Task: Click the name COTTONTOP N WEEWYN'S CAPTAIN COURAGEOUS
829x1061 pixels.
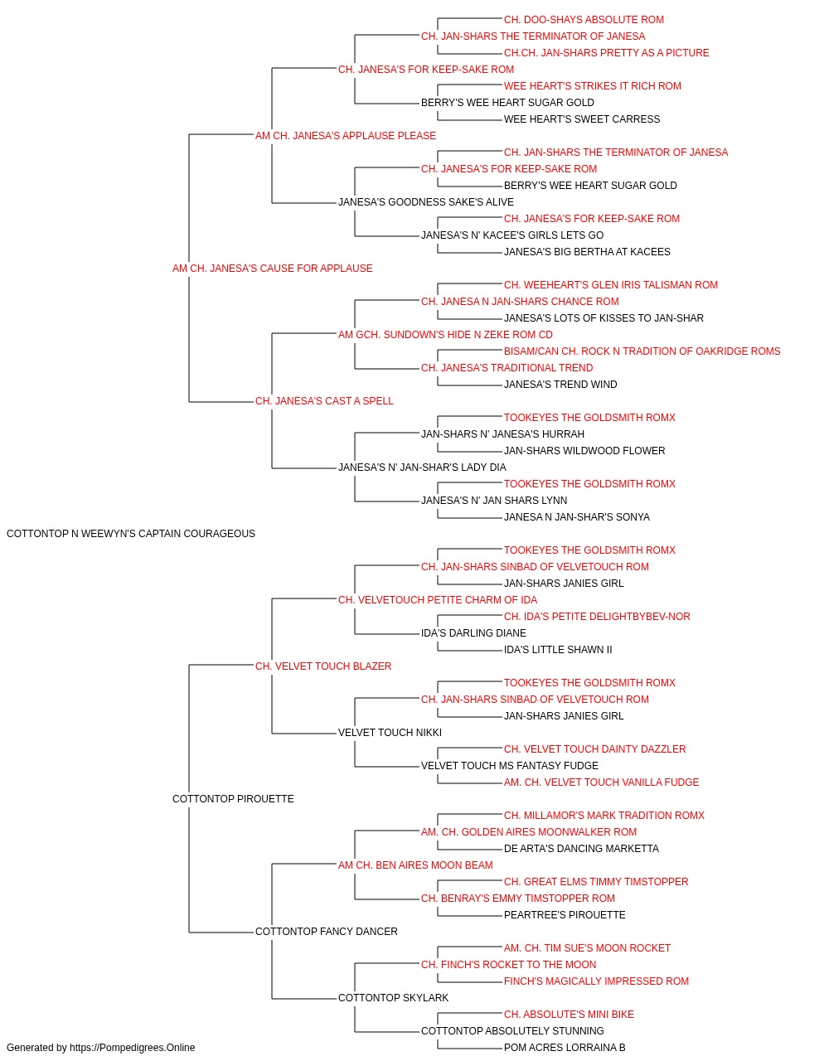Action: pyautogui.click(x=131, y=534)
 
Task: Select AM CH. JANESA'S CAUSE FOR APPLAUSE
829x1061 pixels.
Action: pyautogui.click(x=273, y=269)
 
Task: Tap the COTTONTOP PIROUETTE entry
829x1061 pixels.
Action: pyautogui.click(x=233, y=799)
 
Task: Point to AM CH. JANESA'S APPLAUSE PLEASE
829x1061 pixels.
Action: pyautogui.click(x=346, y=136)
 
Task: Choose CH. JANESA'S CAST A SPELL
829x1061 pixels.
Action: pyautogui.click(x=324, y=401)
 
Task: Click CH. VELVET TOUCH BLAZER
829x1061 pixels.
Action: pyautogui.click(x=323, y=666)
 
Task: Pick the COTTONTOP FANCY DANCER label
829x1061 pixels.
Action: pyautogui.click(x=326, y=932)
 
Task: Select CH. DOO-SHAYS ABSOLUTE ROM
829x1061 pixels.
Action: pyautogui.click(x=584, y=20)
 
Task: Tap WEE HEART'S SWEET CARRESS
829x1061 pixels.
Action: pyautogui.click(x=582, y=119)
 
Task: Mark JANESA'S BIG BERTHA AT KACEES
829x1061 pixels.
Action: pyautogui.click(x=587, y=252)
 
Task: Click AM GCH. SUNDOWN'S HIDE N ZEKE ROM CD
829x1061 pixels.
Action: pyautogui.click(x=445, y=335)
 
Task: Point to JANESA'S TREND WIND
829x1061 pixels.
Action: pyautogui.click(x=560, y=385)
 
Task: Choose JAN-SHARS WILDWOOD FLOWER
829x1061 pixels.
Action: pyautogui.click(x=584, y=451)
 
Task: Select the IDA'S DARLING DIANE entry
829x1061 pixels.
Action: pyautogui.click(x=473, y=633)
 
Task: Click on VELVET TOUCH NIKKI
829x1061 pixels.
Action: pyautogui.click(x=390, y=733)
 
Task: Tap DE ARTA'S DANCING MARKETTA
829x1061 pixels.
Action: pyautogui.click(x=581, y=849)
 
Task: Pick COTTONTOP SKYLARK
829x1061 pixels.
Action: pyautogui.click(x=393, y=998)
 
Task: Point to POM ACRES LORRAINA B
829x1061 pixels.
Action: pyautogui.click(x=565, y=1048)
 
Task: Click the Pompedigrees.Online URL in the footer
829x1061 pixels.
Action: pyautogui.click(x=132, y=1048)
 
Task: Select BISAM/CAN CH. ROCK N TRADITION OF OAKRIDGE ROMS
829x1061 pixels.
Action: pyautogui.click(x=642, y=351)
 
